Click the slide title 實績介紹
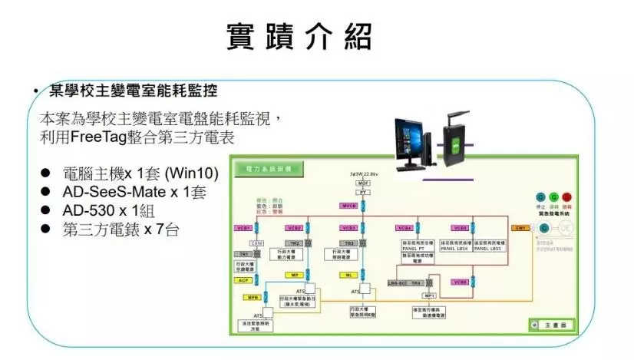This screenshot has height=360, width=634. (299, 36)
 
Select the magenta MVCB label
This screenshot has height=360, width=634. (348, 206)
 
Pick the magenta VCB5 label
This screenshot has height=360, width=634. (460, 228)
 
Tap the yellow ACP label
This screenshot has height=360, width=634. (243, 281)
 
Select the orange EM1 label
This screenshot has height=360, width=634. (520, 228)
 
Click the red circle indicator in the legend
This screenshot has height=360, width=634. (566, 198)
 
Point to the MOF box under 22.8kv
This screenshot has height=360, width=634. (364, 184)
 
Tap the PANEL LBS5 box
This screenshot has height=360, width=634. (487, 248)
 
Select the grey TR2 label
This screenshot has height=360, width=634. (296, 243)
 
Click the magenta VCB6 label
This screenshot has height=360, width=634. (460, 282)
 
